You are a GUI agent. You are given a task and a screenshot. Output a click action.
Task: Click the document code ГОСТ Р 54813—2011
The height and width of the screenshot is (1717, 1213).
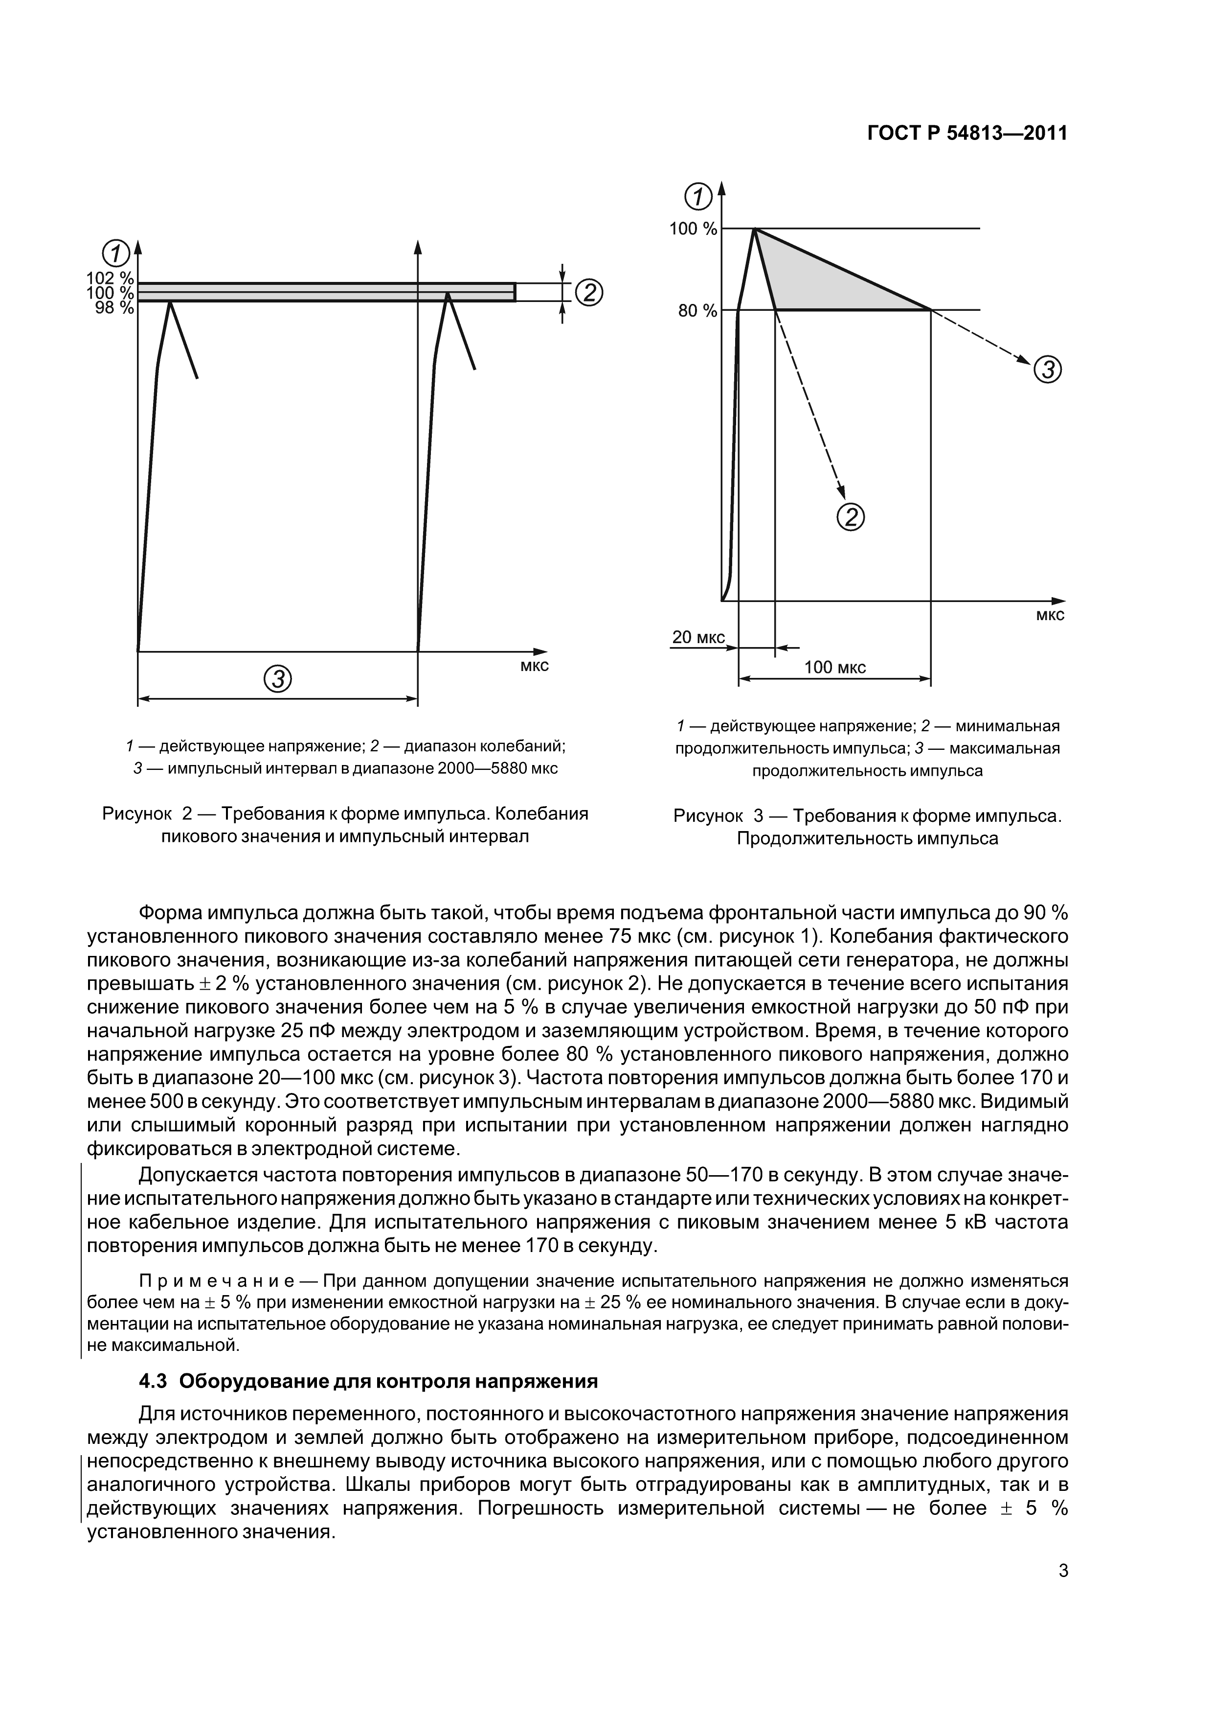click(967, 133)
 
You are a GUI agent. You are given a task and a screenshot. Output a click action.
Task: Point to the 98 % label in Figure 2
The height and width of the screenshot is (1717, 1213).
click(114, 307)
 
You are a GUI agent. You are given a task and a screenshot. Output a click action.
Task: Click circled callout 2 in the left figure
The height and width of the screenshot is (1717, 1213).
click(589, 292)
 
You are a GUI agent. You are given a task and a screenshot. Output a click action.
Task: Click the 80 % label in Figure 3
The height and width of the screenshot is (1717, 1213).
click(697, 310)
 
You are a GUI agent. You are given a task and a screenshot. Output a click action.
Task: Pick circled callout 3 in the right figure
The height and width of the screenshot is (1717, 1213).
click(1047, 370)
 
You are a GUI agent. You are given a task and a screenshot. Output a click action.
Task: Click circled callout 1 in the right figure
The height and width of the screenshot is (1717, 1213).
click(699, 197)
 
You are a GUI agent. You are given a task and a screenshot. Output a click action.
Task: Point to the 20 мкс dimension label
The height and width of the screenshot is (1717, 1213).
click(698, 637)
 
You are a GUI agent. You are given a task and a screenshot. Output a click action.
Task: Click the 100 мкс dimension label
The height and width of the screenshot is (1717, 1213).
click(835, 667)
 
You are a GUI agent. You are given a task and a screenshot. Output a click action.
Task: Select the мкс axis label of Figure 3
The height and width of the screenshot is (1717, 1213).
click(1050, 615)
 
